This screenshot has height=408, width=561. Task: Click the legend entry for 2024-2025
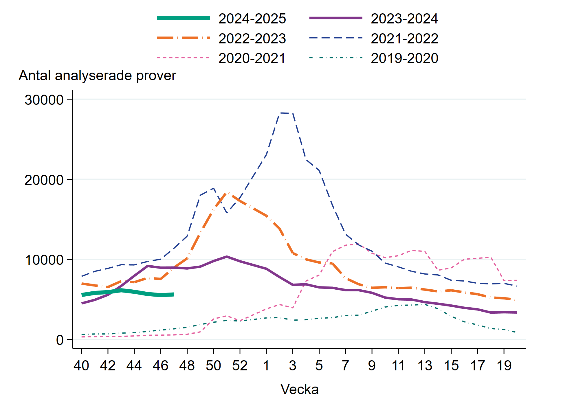(x=252, y=19)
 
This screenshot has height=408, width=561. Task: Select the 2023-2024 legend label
(x=404, y=19)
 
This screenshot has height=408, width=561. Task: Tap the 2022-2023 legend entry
(x=252, y=38)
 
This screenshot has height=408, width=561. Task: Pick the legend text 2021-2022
(x=404, y=38)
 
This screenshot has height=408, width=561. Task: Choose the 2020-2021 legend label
(x=252, y=58)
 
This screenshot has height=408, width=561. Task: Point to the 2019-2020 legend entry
(x=404, y=58)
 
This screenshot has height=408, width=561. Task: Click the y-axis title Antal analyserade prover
(x=97, y=76)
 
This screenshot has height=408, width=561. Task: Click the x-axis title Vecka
(x=299, y=389)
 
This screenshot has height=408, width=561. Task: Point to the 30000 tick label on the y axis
(x=44, y=100)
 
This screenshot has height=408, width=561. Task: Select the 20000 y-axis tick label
(x=44, y=180)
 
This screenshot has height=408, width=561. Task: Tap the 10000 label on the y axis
(x=44, y=260)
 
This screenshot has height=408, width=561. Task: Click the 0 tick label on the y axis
(x=60, y=340)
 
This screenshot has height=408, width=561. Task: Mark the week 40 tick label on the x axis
(x=81, y=365)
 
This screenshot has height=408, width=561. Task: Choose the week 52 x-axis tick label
(x=240, y=365)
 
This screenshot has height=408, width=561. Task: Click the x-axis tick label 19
(x=504, y=365)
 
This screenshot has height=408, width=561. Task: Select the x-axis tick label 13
(x=425, y=365)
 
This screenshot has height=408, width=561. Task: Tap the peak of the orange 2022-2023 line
(x=227, y=193)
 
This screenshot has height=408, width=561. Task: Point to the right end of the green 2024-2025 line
(x=173, y=294)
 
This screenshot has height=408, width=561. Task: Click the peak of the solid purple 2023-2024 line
(x=227, y=257)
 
